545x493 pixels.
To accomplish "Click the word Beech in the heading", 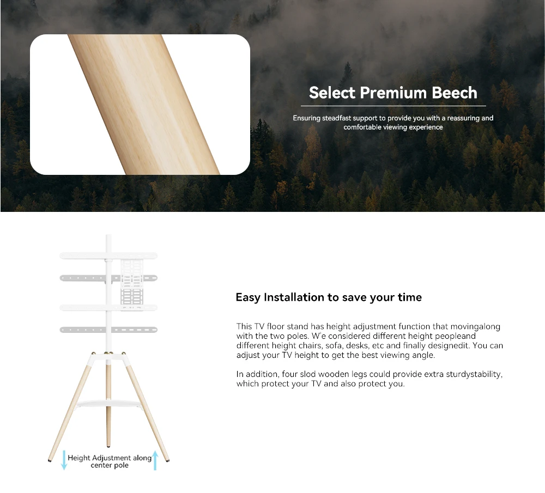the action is [x=455, y=93].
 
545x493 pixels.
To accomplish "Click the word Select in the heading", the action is [x=332, y=93].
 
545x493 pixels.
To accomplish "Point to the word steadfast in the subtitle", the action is [x=336, y=118].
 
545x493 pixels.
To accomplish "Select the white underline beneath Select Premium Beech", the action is [x=393, y=106].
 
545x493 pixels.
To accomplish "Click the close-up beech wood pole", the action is [x=144, y=104].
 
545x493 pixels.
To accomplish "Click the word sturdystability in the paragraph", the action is [x=474, y=374].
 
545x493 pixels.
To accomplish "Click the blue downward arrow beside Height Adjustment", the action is [x=64, y=460].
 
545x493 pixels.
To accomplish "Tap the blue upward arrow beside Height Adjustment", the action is [x=155, y=461].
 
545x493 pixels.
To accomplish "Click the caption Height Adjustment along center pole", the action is [x=110, y=461].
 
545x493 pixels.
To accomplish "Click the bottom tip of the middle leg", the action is [x=108, y=446].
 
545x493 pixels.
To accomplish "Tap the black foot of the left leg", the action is [x=50, y=461].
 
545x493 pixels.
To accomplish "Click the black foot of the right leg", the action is [x=168, y=460].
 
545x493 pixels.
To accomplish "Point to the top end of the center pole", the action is [x=108, y=235].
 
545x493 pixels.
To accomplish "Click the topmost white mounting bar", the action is [x=108, y=256].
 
